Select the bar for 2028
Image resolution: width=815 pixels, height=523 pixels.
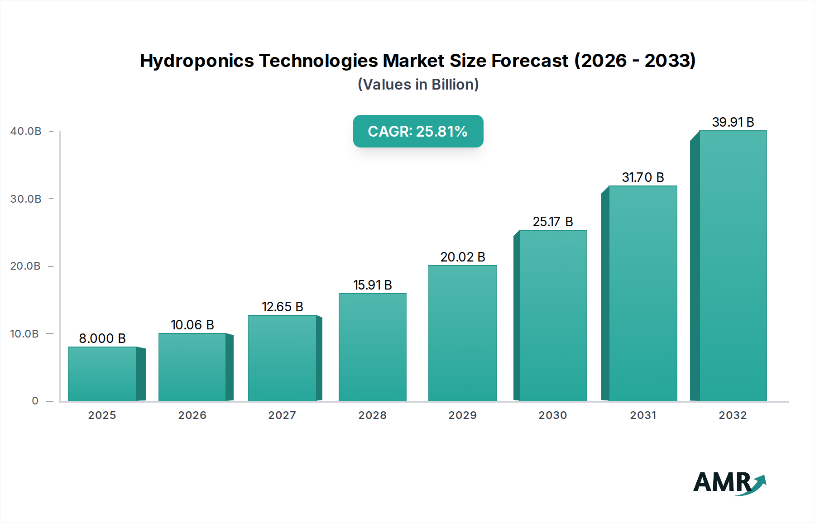coord(373,347)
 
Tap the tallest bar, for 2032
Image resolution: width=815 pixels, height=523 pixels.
coord(733,266)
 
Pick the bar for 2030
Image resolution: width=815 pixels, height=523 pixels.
coord(552,315)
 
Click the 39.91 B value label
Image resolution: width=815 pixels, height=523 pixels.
coord(733,122)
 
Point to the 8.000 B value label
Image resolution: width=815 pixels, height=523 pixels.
coord(102,338)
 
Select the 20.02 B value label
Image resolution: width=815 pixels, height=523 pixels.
coord(462,257)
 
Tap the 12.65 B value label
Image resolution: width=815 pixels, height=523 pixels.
coord(282,307)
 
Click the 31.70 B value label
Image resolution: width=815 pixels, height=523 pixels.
coord(642,177)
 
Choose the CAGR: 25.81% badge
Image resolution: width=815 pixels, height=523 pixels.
coord(418,131)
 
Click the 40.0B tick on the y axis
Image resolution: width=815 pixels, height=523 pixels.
coord(26,131)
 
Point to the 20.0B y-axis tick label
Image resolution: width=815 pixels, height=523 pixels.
coord(26,266)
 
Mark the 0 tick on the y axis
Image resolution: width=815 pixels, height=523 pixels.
coord(35,401)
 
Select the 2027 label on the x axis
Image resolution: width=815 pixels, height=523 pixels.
coord(282,415)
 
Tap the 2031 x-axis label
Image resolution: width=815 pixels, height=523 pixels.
coord(642,415)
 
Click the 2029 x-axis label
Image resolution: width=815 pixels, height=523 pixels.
coord(462,415)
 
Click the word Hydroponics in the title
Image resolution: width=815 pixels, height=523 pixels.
coord(197,61)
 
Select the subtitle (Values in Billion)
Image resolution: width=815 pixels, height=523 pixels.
coord(418,85)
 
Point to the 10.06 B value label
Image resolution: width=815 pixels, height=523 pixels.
coord(192,325)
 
